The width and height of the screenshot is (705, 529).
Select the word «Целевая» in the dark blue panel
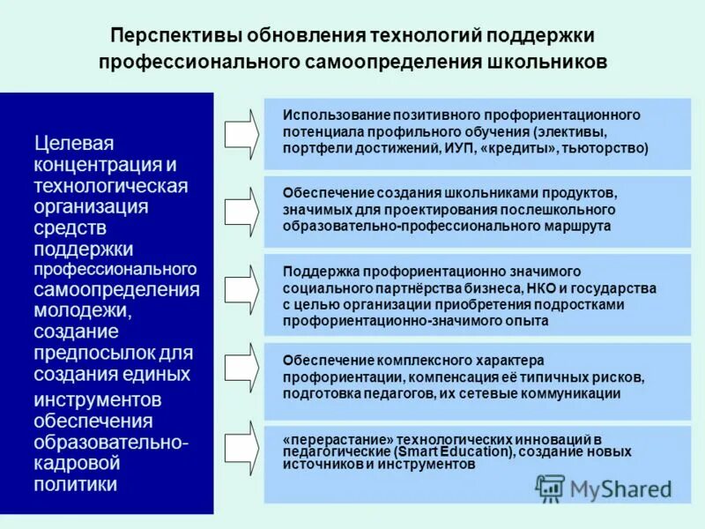point(74,143)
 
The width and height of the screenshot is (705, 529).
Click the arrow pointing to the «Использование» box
point(241,133)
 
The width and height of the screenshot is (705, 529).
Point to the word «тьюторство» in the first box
point(610,148)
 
